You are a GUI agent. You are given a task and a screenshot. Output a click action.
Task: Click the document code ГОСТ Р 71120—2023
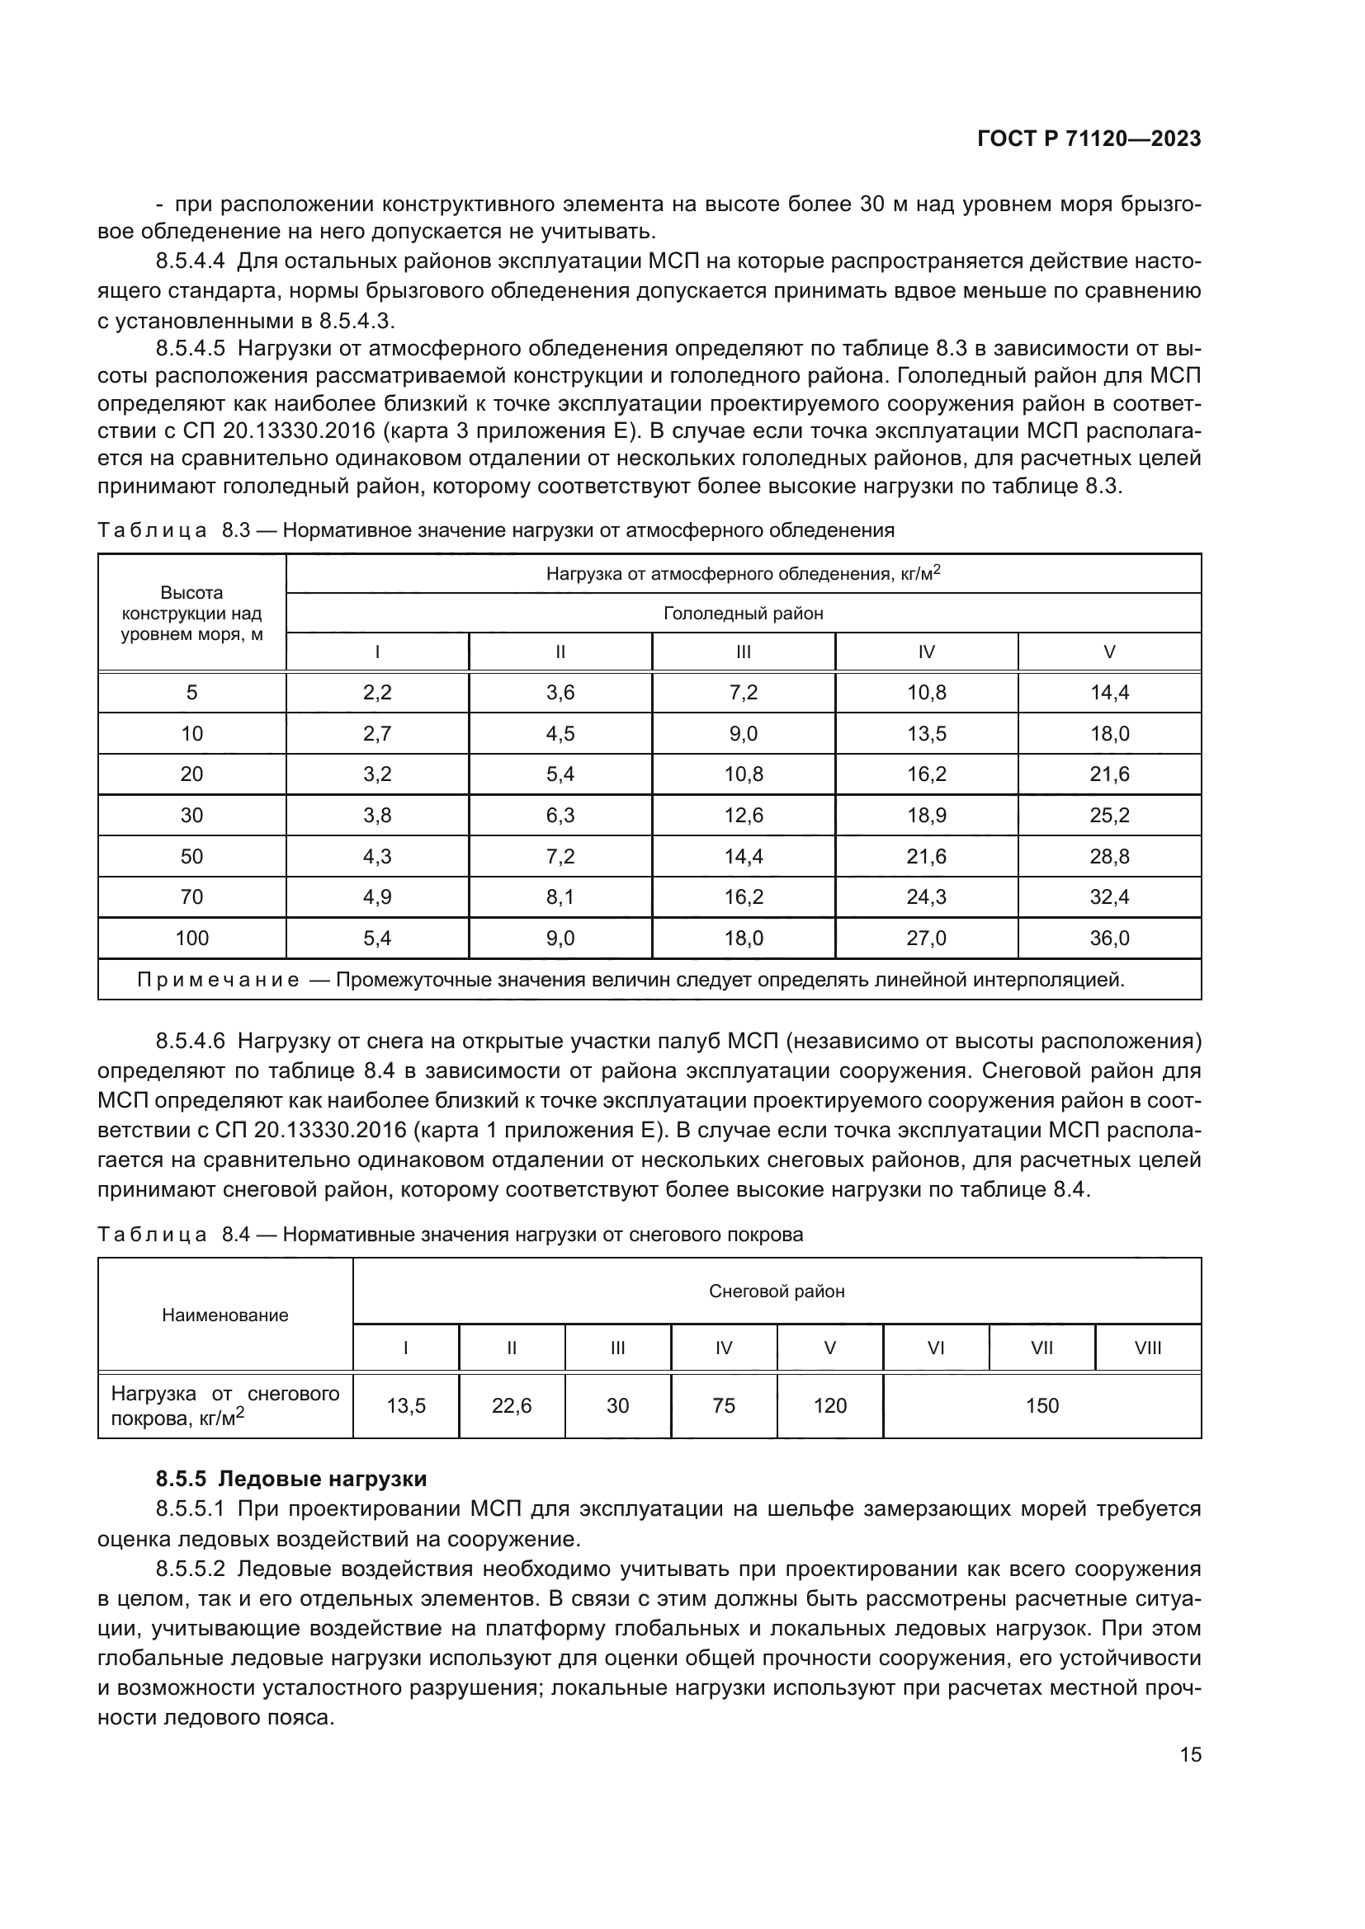point(1089,139)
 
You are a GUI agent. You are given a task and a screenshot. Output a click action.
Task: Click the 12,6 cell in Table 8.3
point(743,815)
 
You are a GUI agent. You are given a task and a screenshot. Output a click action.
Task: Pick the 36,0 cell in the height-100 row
point(1108,939)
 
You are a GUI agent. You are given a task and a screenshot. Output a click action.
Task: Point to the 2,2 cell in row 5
point(377,692)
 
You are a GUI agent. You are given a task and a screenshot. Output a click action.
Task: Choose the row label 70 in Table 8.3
point(191,897)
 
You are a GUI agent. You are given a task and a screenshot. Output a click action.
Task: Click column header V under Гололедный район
point(1108,652)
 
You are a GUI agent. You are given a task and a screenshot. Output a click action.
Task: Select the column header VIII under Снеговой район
point(1147,1348)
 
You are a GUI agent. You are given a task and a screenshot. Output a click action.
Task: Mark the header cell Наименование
point(225,1315)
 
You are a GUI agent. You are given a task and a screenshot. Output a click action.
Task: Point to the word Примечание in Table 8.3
point(218,981)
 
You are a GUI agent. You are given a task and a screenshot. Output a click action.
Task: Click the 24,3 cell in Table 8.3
point(926,897)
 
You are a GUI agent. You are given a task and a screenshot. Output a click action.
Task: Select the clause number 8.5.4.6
point(190,1042)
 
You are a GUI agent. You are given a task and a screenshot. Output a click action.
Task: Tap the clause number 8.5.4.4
point(190,261)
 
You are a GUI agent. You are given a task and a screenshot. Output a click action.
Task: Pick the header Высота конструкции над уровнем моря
point(191,614)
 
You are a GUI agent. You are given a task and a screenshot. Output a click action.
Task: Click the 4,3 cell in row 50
point(377,856)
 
